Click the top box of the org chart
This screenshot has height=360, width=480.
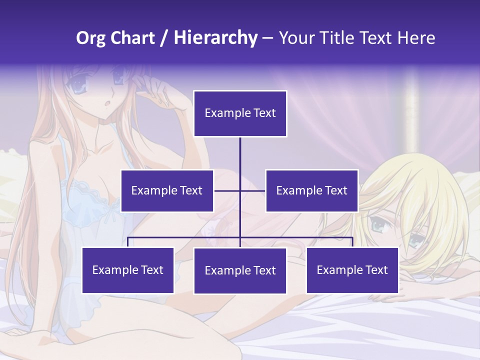[240, 113]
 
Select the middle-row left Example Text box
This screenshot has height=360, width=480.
[167, 190]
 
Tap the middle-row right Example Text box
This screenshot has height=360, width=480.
[311, 190]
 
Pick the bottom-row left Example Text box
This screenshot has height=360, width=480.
[128, 270]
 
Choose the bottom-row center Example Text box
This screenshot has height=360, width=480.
[240, 270]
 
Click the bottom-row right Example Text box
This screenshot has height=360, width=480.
[352, 270]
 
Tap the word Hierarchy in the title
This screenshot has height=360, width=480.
[215, 38]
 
